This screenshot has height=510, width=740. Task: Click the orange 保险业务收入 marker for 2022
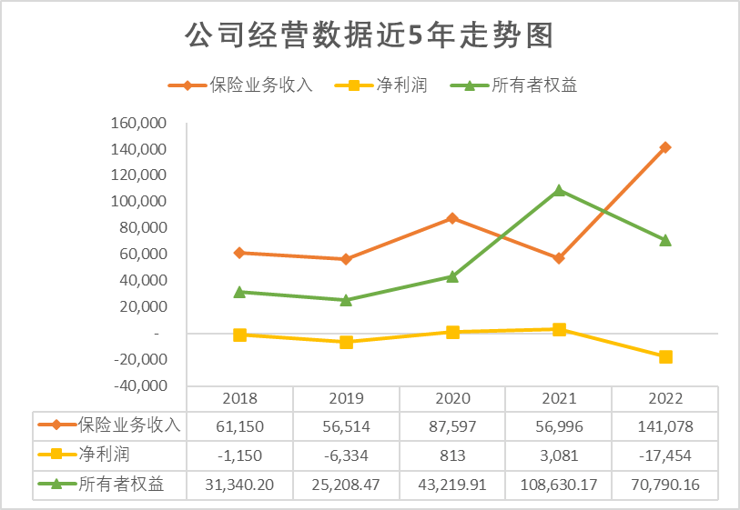[x=665, y=147]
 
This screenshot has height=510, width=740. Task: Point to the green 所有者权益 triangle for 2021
[x=559, y=191]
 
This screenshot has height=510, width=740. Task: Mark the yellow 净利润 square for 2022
[x=665, y=357]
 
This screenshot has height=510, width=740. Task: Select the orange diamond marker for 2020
[x=452, y=218]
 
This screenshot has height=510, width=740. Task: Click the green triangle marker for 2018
[x=239, y=292]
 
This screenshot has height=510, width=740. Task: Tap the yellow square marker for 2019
[x=346, y=342]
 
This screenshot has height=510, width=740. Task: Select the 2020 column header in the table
[x=452, y=398]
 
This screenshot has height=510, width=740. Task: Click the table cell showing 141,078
[x=665, y=425]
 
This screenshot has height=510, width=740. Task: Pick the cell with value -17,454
[x=665, y=455]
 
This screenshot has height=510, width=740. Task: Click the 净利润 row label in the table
[x=99, y=455]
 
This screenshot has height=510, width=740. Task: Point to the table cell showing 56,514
[x=346, y=425]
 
